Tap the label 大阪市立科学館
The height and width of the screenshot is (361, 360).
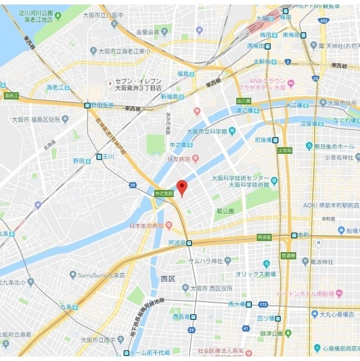coord(208,131)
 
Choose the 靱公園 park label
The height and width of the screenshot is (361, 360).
coord(225,211)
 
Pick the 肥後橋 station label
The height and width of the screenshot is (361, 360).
coord(263,140)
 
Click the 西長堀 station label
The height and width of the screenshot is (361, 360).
coord(181,316)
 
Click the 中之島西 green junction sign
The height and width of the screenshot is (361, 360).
coord(163,193)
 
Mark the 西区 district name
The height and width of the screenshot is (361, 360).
coord(168,279)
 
